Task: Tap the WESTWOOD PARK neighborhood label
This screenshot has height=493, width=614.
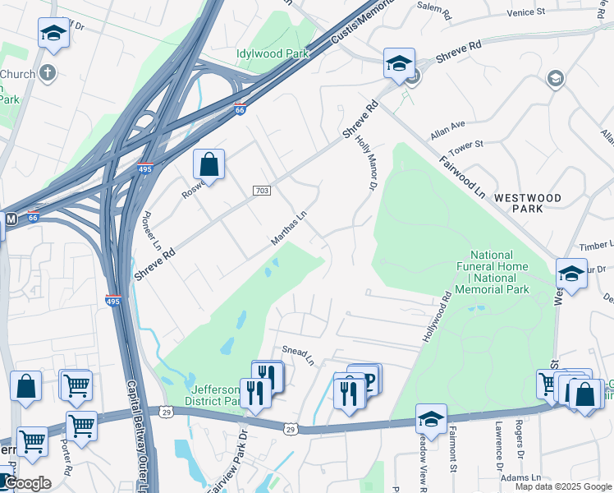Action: [x=527, y=203]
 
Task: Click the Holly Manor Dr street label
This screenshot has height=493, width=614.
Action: [x=366, y=164]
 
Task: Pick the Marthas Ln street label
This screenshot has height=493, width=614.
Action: [x=289, y=228]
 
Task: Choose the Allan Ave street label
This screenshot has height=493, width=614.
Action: [x=447, y=129]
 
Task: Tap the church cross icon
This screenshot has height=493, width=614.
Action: [x=48, y=73]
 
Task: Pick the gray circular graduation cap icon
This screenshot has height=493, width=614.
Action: [x=556, y=79]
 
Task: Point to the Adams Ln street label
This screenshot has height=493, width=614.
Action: [x=525, y=477]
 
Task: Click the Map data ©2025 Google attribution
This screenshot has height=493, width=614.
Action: [x=563, y=486]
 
